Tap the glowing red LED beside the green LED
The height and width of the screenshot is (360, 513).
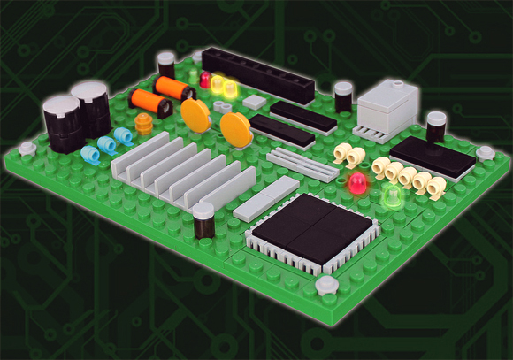point(357,184)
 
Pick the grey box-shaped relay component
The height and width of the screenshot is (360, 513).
point(387,109)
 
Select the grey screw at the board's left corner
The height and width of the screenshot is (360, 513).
point(27,149)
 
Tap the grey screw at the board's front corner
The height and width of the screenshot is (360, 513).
point(326,285)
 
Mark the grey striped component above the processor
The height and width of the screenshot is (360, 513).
point(301,162)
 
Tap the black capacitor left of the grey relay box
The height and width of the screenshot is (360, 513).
point(343,96)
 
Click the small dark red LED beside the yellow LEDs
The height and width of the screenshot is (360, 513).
point(205,80)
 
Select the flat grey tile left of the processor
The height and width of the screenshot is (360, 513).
point(266,197)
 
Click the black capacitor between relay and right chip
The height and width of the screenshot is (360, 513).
point(435,126)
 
